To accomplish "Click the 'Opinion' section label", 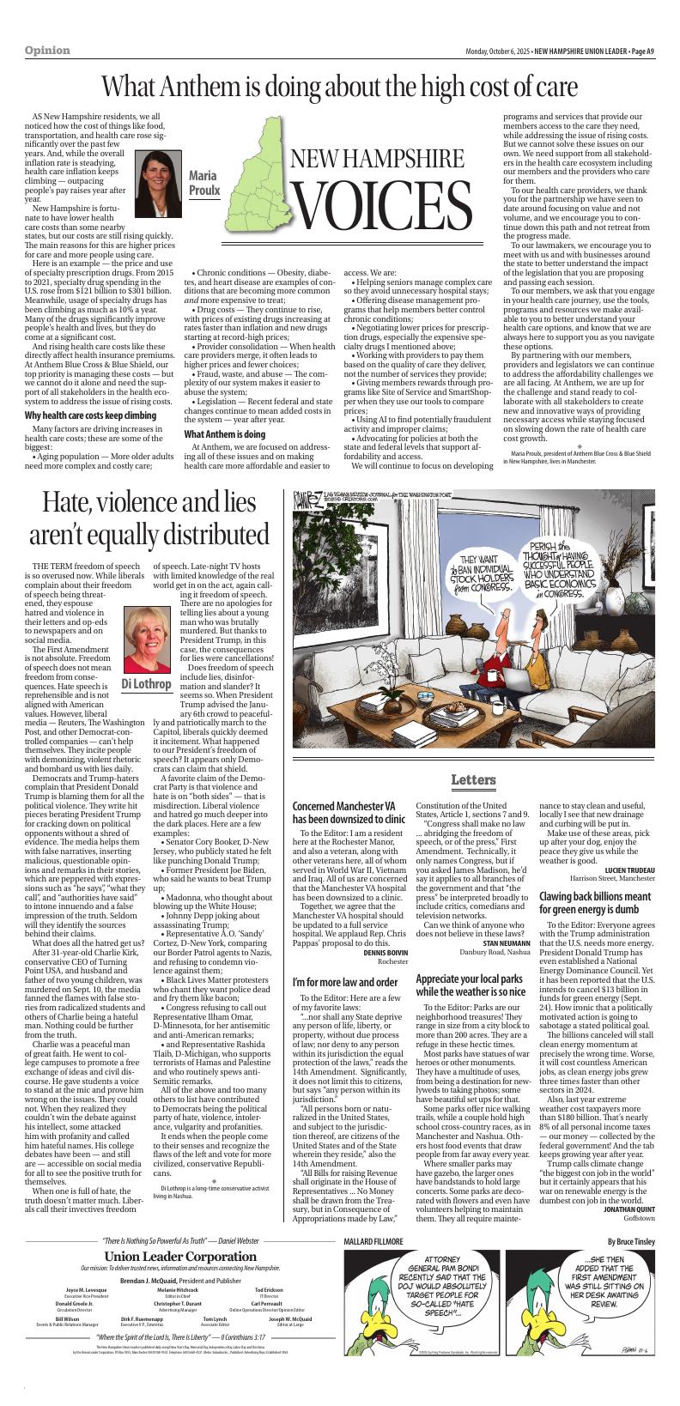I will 47,51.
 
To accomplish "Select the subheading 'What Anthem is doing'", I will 225,435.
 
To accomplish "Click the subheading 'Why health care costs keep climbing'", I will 90,415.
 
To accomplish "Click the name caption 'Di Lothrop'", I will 146,683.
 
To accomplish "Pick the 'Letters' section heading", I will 473,779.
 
